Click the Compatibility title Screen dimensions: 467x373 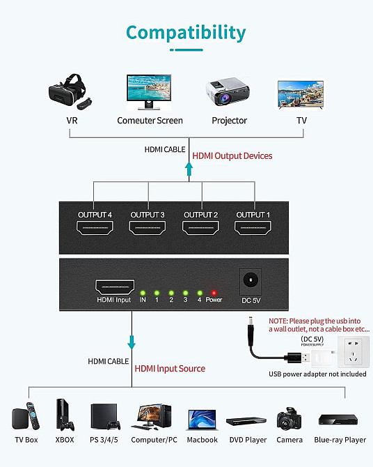pyautogui.click(x=186, y=32)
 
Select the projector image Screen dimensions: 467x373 pyautogui.click(x=228, y=93)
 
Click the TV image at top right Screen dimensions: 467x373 pyautogui.click(x=301, y=93)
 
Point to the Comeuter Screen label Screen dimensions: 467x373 pyautogui.click(x=150, y=121)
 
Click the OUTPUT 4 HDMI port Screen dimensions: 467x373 pyautogui.click(x=95, y=228)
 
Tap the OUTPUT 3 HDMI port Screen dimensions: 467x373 pyautogui.click(x=148, y=228)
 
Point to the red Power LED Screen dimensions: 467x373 pyautogui.click(x=214, y=292)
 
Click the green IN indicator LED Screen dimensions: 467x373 pyautogui.click(x=143, y=292)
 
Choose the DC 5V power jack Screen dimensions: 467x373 pyautogui.click(x=250, y=281)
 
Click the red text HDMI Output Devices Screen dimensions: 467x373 pyautogui.click(x=232, y=156)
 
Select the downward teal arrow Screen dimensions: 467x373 pyautogui.click(x=132, y=342)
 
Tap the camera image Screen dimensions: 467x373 pyautogui.click(x=289, y=419)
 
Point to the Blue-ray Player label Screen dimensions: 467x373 pyautogui.click(x=340, y=440)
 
